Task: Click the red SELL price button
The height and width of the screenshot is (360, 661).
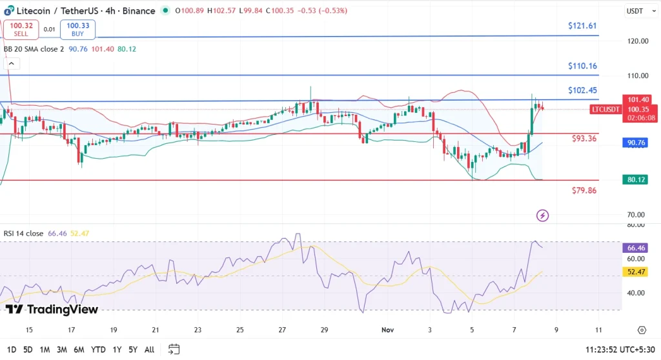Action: [21, 29]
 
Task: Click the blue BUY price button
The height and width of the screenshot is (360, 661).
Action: [78, 29]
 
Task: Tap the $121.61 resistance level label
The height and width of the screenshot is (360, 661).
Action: [582, 26]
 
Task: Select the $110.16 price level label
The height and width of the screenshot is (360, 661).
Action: [582, 66]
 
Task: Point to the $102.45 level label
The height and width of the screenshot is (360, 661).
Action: [582, 90]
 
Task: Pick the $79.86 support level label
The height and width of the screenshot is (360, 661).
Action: [584, 190]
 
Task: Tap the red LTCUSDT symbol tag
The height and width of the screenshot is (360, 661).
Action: [605, 109]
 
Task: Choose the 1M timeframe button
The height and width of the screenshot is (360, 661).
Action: [45, 350]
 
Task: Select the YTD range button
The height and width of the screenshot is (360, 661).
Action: [98, 350]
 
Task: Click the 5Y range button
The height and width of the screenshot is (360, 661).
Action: [132, 350]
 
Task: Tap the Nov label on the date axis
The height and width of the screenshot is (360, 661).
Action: [387, 330]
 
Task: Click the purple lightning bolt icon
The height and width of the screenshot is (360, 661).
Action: [542, 215]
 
